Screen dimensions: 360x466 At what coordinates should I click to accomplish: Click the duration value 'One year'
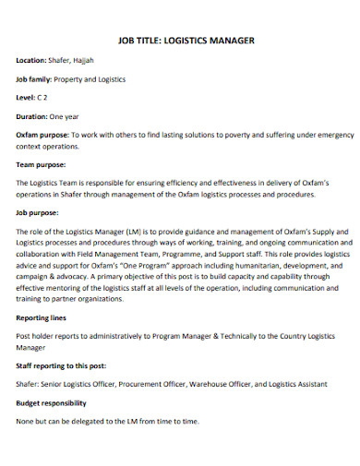[x=77, y=116]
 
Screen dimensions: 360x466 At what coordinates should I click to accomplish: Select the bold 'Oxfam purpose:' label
[x=42, y=135]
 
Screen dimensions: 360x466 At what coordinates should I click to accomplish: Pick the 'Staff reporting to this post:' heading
[x=63, y=365]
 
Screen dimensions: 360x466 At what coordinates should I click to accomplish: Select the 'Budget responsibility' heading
[x=52, y=403]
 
